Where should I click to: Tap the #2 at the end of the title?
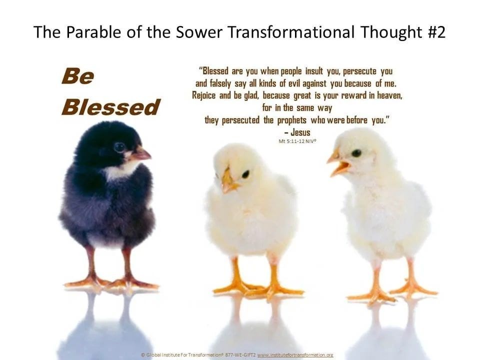pos(436,32)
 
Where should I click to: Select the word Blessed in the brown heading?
pos(111,107)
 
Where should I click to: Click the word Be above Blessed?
pos(78,76)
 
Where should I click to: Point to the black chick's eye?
pos(119,147)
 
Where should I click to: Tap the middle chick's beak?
pos(228,180)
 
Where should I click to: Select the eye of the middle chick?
pos(245,174)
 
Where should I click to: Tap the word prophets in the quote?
pos(291,120)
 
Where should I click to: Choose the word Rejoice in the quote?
pos(203,95)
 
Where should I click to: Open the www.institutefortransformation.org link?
pos(295,355)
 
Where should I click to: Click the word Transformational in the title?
pos(291,32)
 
